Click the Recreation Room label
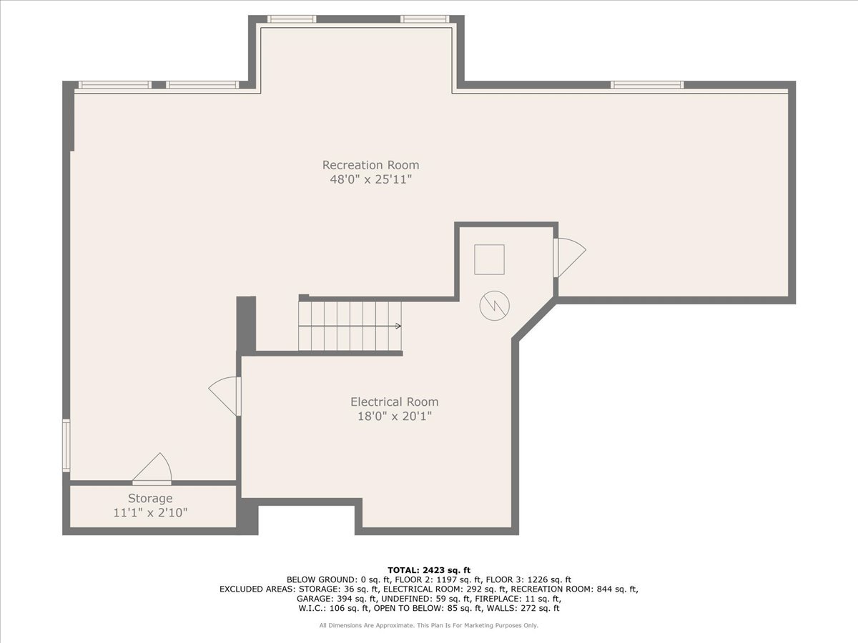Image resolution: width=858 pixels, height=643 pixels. click(x=370, y=165)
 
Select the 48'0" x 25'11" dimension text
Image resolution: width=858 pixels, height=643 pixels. click(x=371, y=179)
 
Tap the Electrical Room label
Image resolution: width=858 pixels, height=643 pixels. click(x=395, y=402)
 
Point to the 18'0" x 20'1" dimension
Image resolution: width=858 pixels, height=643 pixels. click(x=395, y=417)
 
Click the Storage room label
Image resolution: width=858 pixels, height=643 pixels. click(x=150, y=499)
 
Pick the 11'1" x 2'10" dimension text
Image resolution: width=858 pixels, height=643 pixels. click(x=150, y=512)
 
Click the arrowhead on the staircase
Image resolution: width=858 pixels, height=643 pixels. click(x=399, y=326)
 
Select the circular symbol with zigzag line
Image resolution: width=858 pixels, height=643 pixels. click(x=495, y=306)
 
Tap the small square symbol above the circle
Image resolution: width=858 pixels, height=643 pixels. click(x=489, y=259)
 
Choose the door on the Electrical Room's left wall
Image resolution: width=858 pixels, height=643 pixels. click(x=224, y=397)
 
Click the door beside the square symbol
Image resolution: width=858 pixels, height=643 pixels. click(x=569, y=258)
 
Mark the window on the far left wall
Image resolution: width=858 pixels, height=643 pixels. click(x=66, y=445)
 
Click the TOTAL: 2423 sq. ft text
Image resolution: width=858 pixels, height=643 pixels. click(x=429, y=570)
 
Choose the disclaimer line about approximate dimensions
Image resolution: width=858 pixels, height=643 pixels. click(x=428, y=625)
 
